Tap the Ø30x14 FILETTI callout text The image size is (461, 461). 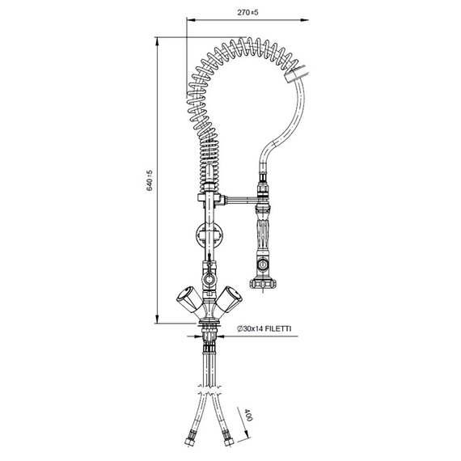(264, 329)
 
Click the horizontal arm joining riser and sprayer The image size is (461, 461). (235, 197)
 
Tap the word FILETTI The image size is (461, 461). (278, 329)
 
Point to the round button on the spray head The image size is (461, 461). (261, 264)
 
